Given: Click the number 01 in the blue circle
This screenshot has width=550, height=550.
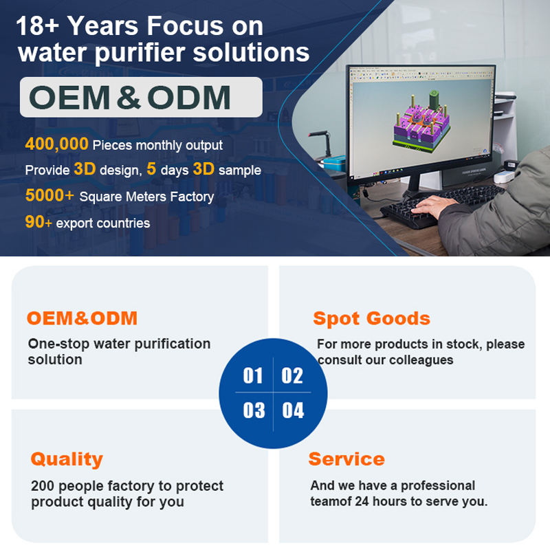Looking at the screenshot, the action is (253, 375).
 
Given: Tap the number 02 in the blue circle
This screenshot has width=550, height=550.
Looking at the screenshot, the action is (292, 375).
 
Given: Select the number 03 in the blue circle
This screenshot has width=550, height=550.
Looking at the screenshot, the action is (254, 410).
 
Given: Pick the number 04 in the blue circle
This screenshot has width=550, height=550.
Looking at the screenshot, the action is (293, 410).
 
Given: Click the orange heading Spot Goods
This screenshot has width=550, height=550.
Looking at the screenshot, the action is (371, 319).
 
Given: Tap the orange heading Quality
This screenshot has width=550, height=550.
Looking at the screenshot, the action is (67, 459).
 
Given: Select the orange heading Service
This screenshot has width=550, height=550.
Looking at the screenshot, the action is (346, 459).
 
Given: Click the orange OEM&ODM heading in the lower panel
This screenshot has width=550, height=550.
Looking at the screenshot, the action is (82, 318).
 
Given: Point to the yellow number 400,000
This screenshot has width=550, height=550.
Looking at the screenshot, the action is (57, 144).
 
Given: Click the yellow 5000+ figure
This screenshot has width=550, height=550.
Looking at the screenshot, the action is (49, 195).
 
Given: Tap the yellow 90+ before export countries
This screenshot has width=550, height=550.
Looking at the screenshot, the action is (38, 221).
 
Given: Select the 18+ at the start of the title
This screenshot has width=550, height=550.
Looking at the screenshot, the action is (38, 25).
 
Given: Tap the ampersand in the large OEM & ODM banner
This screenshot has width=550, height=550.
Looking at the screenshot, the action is (129, 97).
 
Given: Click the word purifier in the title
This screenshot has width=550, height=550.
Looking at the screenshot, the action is (140, 53).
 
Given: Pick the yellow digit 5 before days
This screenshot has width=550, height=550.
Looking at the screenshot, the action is (151, 168).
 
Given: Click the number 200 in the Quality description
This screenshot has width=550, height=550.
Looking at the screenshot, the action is (43, 486).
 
